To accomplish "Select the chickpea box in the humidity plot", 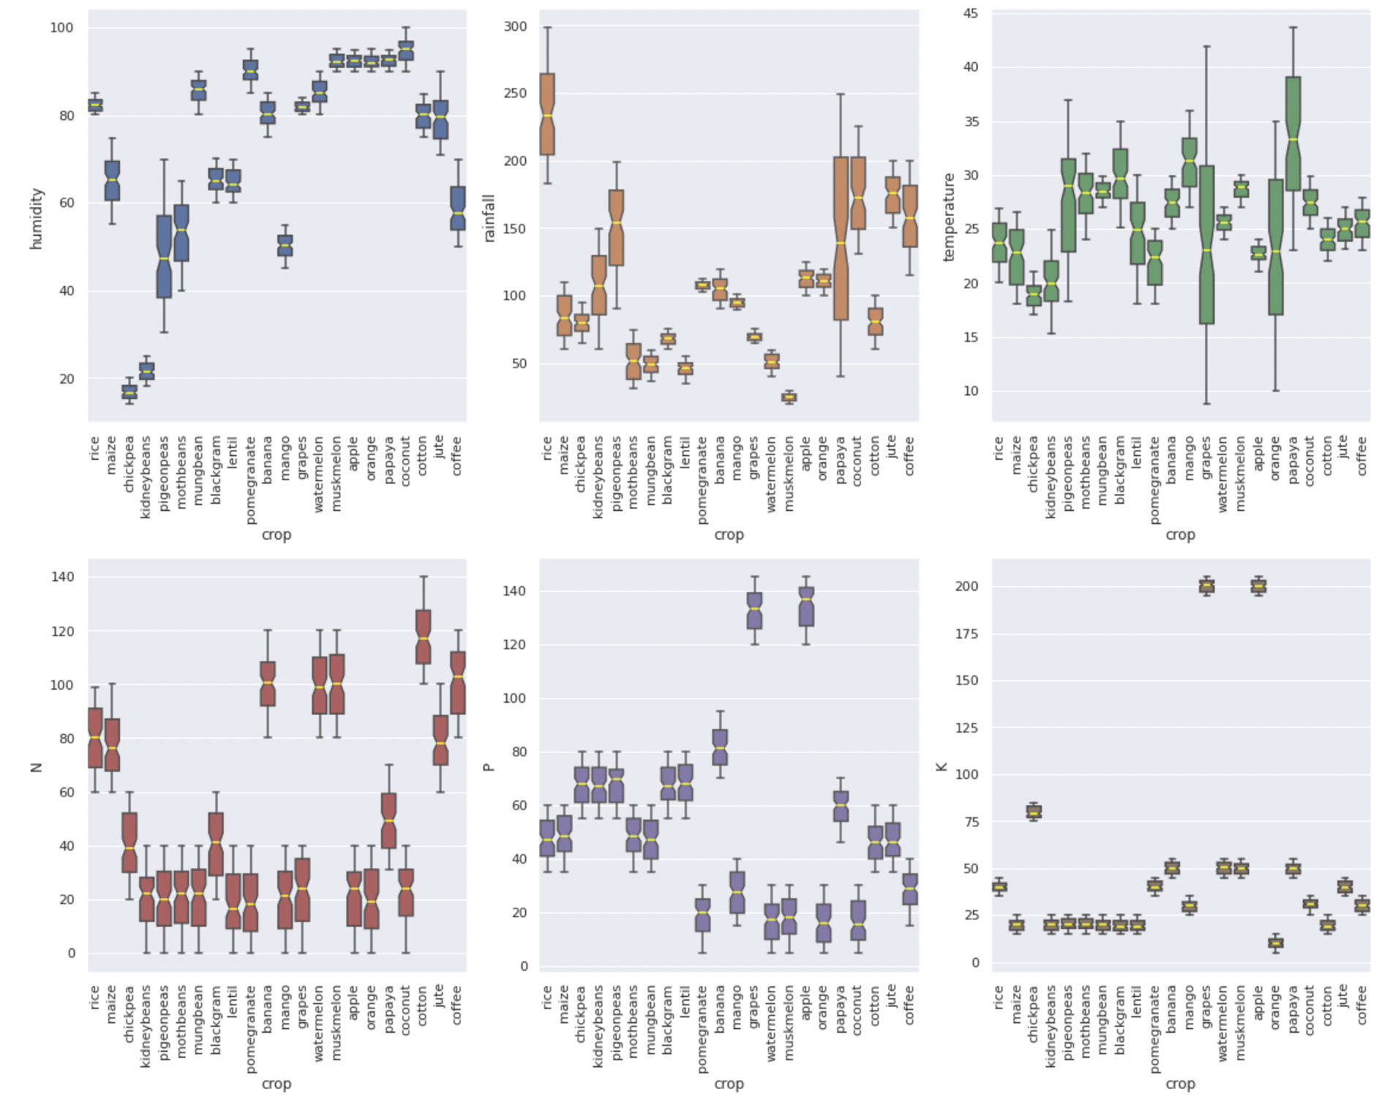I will point(129,392).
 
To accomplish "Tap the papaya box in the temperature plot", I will point(1293,134).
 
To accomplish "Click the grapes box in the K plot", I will point(1206,585).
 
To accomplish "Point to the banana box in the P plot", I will point(720,747).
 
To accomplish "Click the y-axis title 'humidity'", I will point(37,218).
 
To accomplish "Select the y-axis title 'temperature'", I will point(949,217).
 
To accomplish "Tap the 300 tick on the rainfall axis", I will point(515,26).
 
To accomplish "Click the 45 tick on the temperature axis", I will point(970,12).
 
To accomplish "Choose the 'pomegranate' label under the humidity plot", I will point(250,480).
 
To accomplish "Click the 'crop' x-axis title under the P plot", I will point(729,1084).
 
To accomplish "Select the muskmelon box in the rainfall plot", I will point(789,397).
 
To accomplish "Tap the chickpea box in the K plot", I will point(1034,811).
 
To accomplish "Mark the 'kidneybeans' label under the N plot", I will point(146,1025).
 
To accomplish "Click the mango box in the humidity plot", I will point(285,245).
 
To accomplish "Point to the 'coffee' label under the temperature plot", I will point(1361,456).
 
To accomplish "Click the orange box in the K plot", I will point(1275,943).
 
